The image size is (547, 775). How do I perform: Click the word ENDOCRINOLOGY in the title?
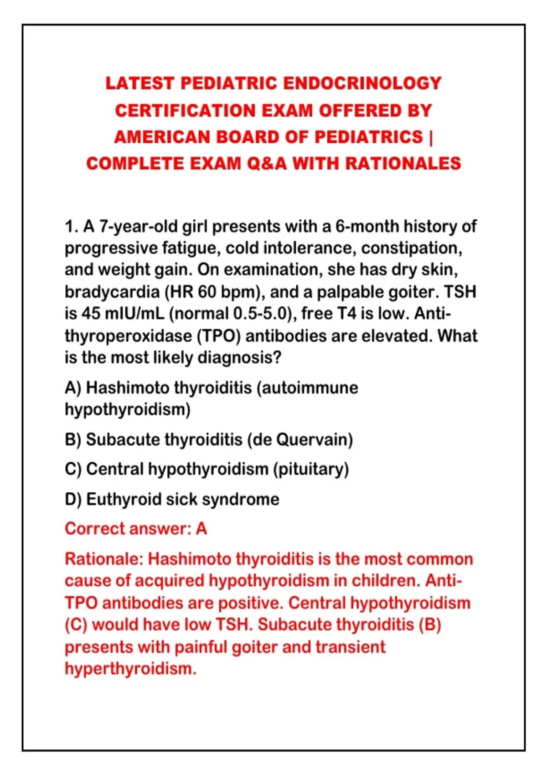362,83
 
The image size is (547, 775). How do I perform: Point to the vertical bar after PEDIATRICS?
430,137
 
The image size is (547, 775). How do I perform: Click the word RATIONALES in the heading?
403,164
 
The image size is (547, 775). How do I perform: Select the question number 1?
70,227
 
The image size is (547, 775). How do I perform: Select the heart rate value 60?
207,292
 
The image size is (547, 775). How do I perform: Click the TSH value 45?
91,314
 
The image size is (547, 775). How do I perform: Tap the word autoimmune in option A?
310,388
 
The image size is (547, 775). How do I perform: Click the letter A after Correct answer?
201,529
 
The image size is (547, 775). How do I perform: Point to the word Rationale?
104,559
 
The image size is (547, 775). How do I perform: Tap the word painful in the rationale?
201,647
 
